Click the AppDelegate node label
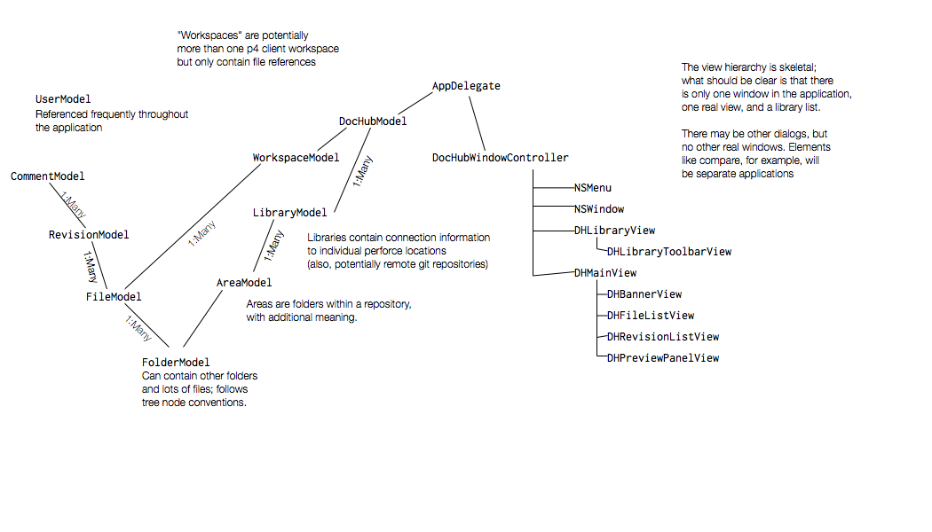click(466, 86)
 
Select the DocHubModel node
click(373, 121)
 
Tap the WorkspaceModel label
click(296, 158)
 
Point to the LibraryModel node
click(289, 213)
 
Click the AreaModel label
click(243, 283)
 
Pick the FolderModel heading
click(176, 363)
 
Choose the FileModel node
click(114, 297)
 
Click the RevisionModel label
click(89, 235)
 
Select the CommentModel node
click(48, 176)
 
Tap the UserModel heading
click(63, 99)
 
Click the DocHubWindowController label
click(500, 158)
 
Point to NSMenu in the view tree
click(593, 188)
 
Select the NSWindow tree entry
click(599, 209)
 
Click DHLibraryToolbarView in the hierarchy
click(669, 252)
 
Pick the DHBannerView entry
click(644, 294)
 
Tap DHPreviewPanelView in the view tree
click(663, 358)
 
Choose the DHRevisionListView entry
click(663, 337)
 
